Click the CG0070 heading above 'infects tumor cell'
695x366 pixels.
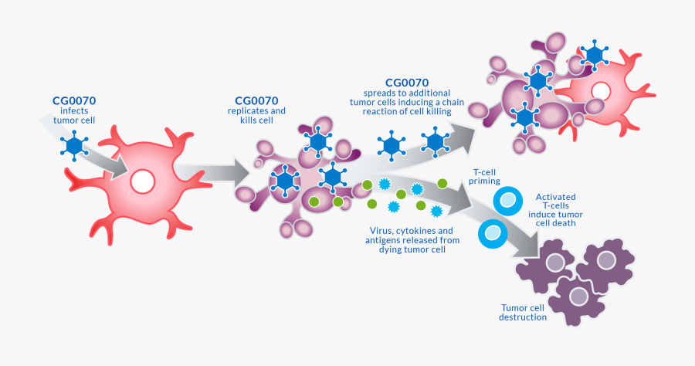74,100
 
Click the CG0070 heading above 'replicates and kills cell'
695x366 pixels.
256,100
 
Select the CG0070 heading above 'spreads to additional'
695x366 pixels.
406,83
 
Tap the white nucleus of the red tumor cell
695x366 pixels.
143,181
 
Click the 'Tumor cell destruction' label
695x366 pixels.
523,311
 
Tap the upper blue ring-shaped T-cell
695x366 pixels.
507,201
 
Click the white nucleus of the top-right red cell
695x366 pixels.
599,90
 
